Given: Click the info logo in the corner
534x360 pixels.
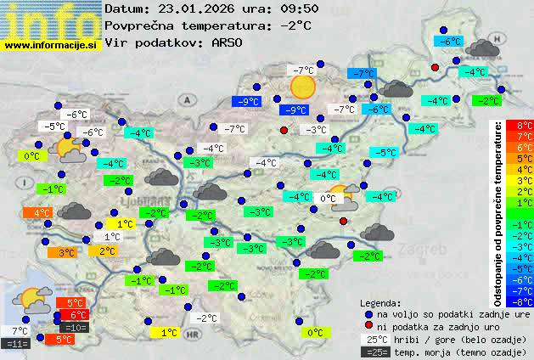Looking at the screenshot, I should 51,19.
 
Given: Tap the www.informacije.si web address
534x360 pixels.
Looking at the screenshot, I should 51,46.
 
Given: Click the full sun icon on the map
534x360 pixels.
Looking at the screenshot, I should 302,86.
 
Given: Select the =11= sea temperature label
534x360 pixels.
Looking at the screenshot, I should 17,344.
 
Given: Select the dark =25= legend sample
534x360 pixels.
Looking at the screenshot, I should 379,352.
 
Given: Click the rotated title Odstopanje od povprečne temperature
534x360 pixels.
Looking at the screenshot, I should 497,213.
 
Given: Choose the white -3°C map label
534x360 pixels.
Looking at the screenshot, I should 316,130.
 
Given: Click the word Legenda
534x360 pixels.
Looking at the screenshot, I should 380,302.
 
